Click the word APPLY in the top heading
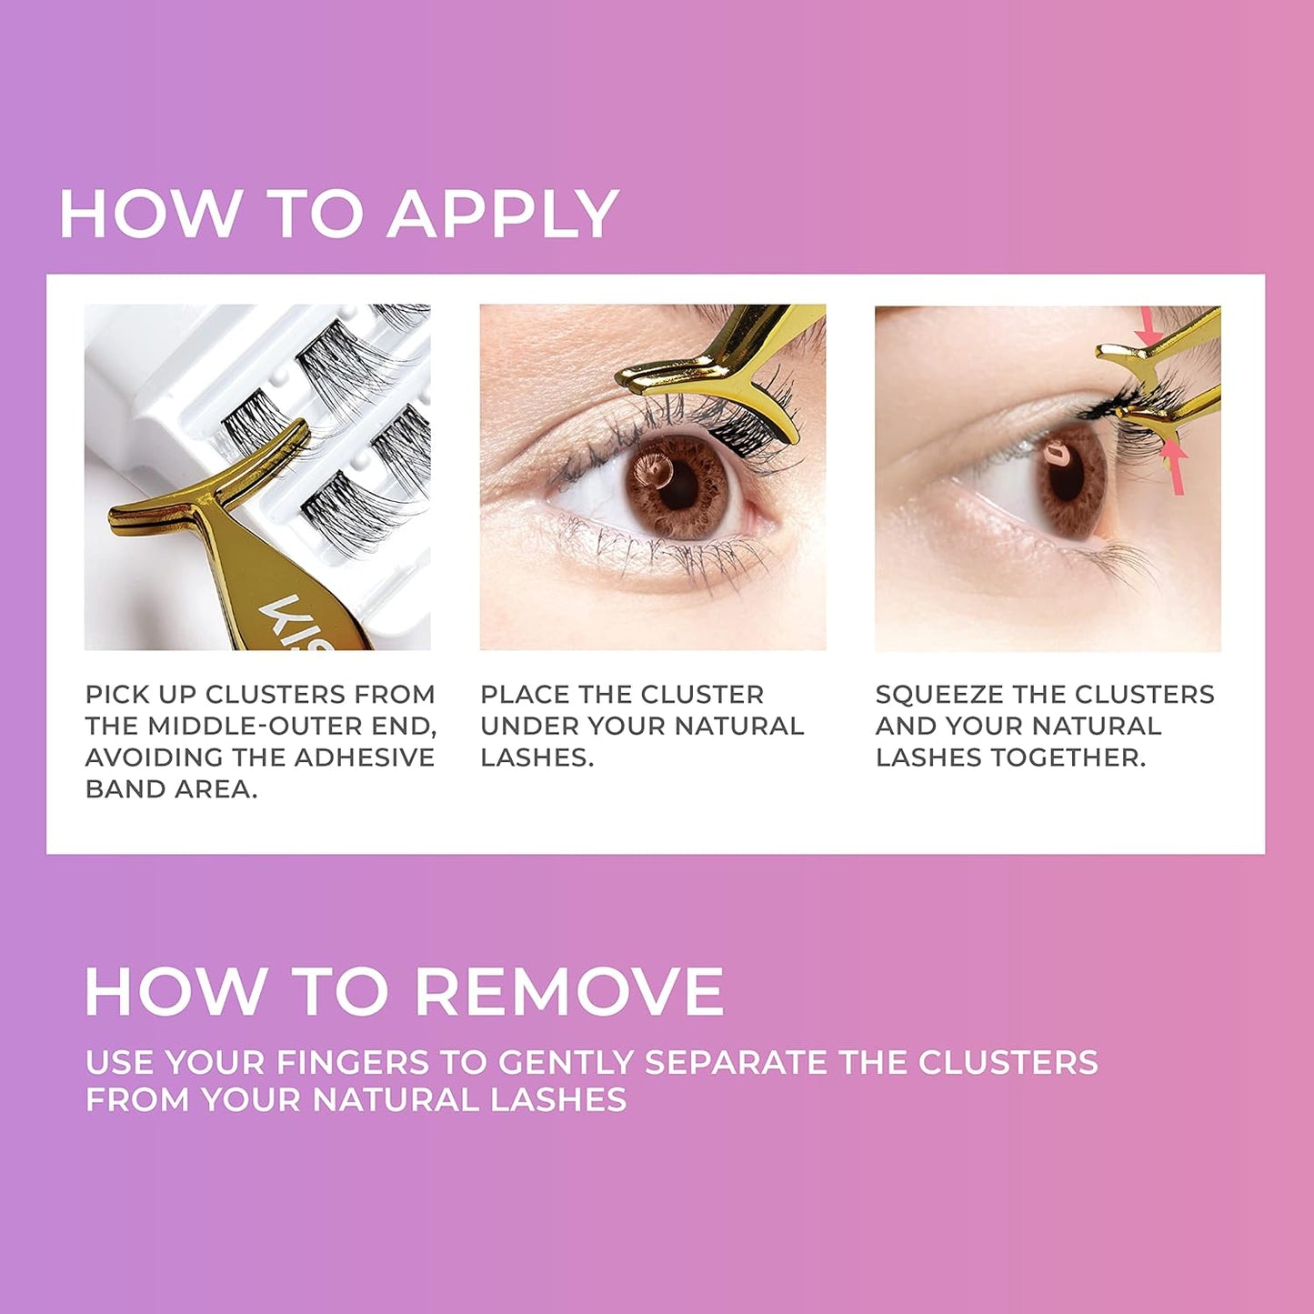pos(503,215)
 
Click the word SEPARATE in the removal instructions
pos(736,1062)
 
